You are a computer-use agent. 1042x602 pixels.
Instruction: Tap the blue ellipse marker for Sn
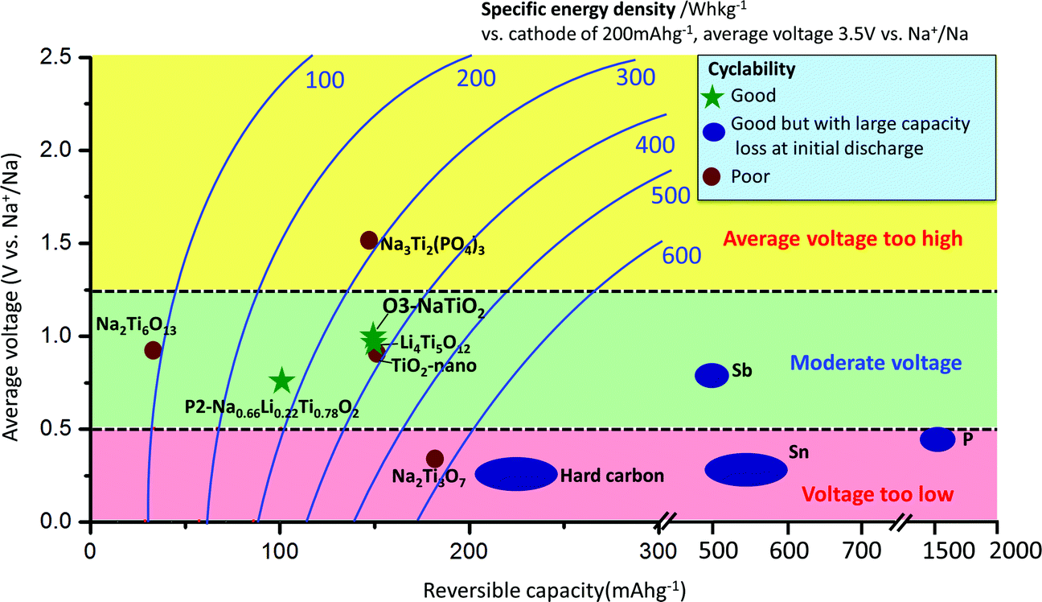point(745,470)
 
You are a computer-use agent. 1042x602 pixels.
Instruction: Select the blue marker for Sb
point(712,374)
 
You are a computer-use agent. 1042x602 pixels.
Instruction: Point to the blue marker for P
point(937,439)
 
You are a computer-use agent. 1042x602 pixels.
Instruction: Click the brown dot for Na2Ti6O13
point(153,350)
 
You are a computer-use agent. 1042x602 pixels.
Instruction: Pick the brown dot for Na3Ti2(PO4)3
point(369,240)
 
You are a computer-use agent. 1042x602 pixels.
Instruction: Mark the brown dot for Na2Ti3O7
point(435,459)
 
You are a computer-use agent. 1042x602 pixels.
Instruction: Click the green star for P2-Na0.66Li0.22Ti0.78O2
point(281,381)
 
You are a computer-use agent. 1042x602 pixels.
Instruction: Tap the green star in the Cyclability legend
point(712,97)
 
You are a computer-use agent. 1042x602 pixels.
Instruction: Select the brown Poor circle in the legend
point(712,176)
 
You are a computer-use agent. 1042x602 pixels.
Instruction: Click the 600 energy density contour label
point(682,256)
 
